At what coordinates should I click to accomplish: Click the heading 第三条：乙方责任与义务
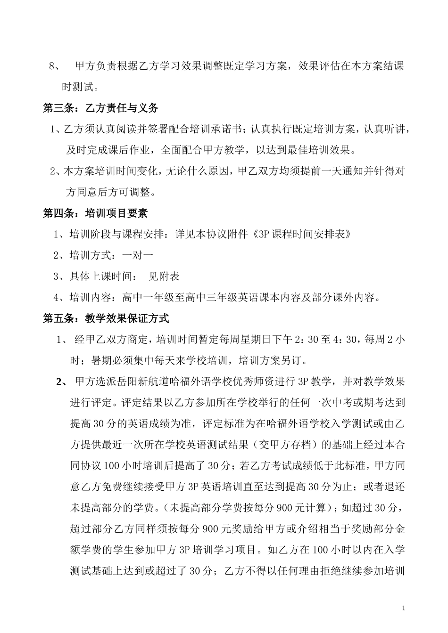coord(100,108)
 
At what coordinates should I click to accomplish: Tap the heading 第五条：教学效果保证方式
coord(106,319)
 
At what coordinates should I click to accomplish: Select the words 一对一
coord(138,256)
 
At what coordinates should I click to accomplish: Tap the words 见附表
coord(164,276)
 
